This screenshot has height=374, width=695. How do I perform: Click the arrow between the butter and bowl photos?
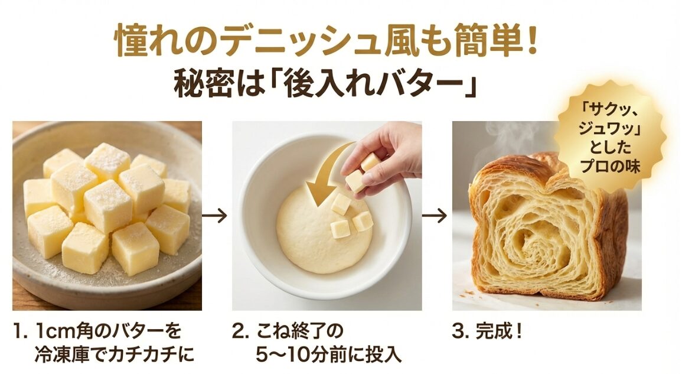pyautogui.click(x=216, y=216)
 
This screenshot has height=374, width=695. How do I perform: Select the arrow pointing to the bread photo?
pyautogui.click(x=436, y=216)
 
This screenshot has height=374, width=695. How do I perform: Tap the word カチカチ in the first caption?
pyautogui.click(x=151, y=355)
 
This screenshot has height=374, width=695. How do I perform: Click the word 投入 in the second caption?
pyautogui.click(x=387, y=355)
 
